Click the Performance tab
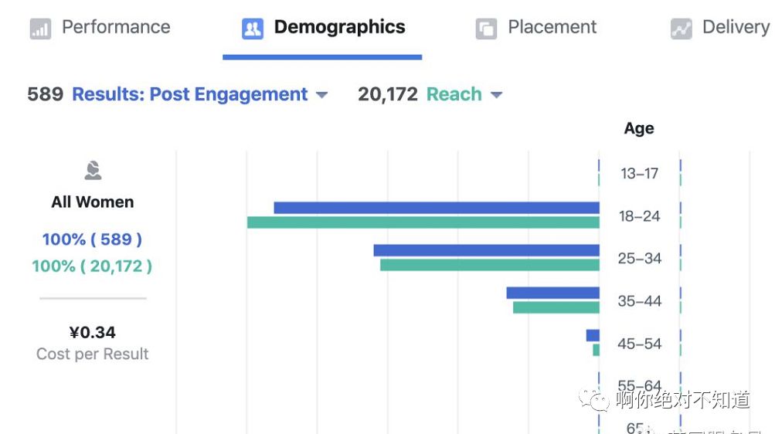100,28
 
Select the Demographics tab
324,28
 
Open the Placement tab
537,28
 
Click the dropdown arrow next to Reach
496,95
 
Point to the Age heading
639,129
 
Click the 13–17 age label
639,174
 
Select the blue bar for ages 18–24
437,208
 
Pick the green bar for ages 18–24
423,222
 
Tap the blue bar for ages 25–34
486,250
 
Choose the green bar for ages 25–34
489,265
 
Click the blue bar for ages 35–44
552,293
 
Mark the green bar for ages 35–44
556,307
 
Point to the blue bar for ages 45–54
593,335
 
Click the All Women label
93,202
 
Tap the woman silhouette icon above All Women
93,170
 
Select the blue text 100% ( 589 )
92,239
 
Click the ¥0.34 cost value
93,333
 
